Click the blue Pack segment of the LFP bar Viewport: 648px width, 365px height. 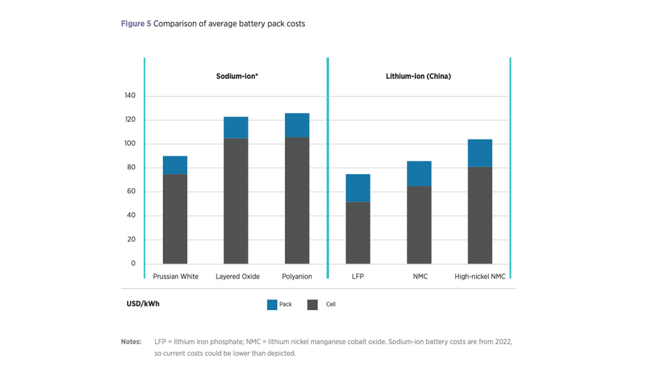click(x=358, y=188)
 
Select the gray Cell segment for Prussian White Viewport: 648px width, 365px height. click(x=175, y=219)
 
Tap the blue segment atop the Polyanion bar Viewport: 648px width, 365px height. click(x=297, y=125)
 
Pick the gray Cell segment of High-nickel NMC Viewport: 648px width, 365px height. click(x=480, y=215)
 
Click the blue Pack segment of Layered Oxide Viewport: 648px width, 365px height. click(x=236, y=127)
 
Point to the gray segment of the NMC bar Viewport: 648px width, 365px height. click(x=419, y=225)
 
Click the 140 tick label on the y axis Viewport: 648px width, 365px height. click(x=130, y=95)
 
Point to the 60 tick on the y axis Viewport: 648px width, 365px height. click(x=131, y=191)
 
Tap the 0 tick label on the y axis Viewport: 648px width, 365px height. click(x=133, y=263)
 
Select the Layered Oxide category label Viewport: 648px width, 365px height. click(x=237, y=277)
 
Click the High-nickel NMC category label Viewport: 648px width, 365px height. click(x=480, y=277)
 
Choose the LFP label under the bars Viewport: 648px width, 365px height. click(x=358, y=277)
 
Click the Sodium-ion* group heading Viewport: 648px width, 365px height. click(x=237, y=76)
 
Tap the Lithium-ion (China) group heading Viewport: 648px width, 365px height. click(x=418, y=76)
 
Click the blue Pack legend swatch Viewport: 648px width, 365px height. click(x=272, y=305)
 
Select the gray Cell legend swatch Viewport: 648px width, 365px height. click(x=312, y=305)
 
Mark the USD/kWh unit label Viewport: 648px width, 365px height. click(x=143, y=304)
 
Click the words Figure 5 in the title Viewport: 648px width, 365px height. click(x=136, y=24)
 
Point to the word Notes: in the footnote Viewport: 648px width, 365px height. click(x=131, y=341)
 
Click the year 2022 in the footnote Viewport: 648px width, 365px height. click(x=503, y=341)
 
